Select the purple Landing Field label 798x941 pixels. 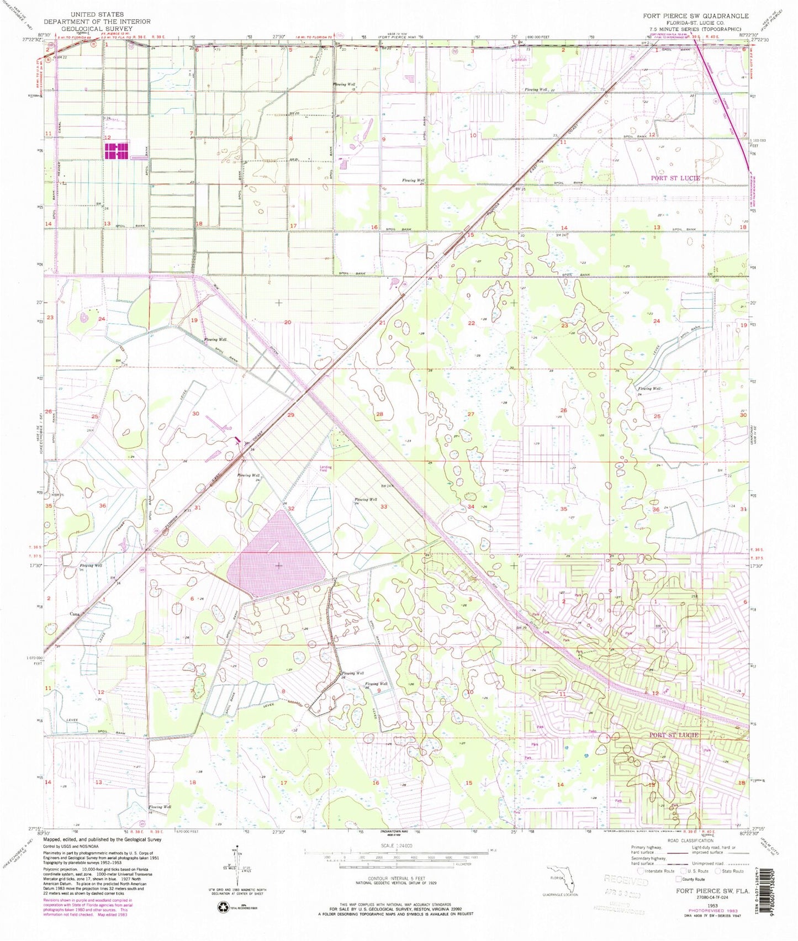(326, 468)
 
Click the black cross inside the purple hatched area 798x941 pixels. (278, 565)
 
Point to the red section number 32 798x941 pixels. (291, 508)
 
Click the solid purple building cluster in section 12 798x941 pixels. (117, 151)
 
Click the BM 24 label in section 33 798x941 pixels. (385, 486)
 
